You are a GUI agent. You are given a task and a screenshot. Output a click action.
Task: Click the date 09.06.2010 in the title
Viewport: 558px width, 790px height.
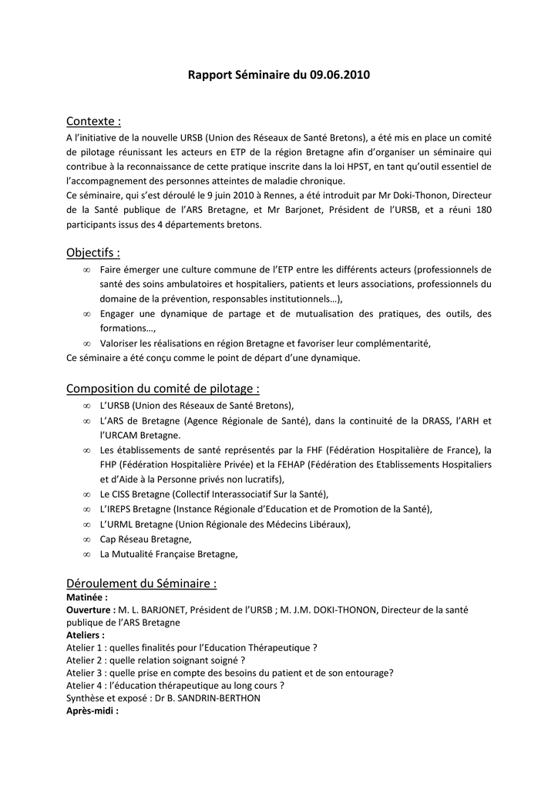(340, 76)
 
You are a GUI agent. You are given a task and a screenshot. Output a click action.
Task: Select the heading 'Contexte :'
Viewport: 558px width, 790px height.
(94, 121)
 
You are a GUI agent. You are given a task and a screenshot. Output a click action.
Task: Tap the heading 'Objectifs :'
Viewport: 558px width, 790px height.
(93, 252)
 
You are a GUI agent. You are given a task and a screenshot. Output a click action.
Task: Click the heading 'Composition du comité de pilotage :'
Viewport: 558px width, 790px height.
(163, 388)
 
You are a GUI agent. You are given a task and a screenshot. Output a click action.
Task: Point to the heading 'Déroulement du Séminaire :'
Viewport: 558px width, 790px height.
(142, 583)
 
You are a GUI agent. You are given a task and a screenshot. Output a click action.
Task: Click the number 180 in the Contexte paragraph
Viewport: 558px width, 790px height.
(482, 210)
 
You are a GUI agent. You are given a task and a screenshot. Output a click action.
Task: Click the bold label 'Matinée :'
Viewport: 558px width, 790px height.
(87, 597)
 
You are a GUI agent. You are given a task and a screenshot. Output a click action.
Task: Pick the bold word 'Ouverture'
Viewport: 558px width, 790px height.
(90, 609)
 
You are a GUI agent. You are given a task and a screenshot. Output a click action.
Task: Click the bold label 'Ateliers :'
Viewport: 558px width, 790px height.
(86, 635)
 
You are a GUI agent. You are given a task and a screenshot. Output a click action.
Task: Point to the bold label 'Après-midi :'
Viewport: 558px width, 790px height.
(92, 710)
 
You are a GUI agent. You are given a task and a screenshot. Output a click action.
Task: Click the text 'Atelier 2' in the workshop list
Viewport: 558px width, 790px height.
(86, 660)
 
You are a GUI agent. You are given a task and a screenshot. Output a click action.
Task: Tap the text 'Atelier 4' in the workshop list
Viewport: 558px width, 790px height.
(86, 685)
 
